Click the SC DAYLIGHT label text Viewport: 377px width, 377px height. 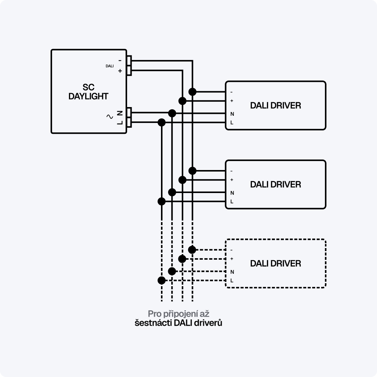pos(88,92)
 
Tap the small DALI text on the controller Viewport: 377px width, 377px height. pos(109,66)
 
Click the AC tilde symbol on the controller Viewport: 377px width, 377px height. pos(110,116)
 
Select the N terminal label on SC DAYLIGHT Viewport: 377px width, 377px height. pos(120,113)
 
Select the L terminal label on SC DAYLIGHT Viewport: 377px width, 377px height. pos(120,122)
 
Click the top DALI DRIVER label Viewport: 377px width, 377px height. pos(276,106)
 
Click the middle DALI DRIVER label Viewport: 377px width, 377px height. pos(276,184)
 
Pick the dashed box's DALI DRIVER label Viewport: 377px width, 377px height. pos(276,263)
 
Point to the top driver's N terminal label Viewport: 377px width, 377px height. pos(231,114)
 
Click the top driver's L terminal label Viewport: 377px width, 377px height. pos(231,123)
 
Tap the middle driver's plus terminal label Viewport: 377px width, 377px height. pos(231,180)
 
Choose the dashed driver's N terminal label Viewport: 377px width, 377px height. pos(231,272)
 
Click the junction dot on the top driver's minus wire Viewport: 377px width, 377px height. pos(192,92)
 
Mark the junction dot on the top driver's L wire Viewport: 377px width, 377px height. pos(162,122)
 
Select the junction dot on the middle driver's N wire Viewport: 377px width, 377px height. pos(172,192)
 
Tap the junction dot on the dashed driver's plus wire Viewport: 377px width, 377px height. pos(182,259)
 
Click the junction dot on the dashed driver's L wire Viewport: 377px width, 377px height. pos(161,280)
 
